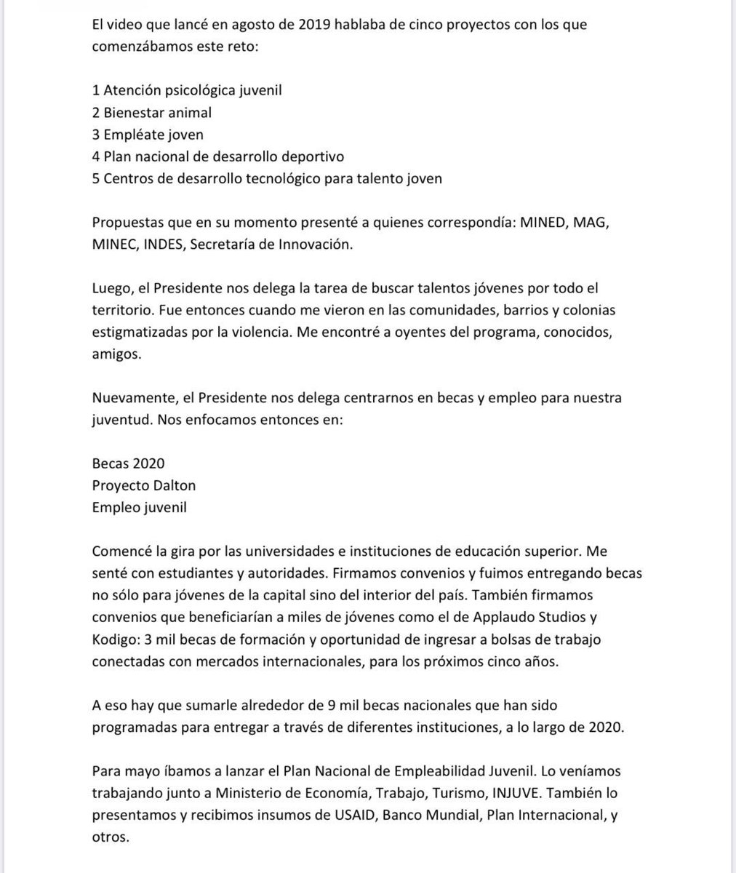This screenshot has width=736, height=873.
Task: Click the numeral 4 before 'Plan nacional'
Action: pyautogui.click(x=97, y=156)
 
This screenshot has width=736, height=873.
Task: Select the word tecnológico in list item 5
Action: pyautogui.click(x=293, y=178)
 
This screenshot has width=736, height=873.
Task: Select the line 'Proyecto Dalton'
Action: pyautogui.click(x=144, y=485)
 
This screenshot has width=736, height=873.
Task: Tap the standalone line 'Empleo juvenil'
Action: pyautogui.click(x=139, y=507)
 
